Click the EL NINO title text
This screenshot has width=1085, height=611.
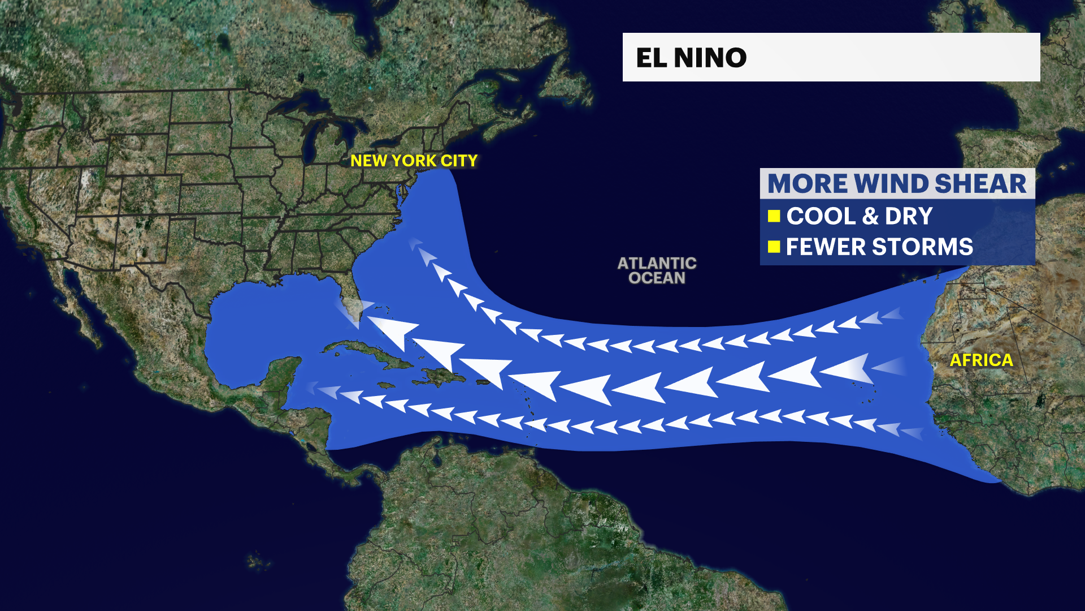click(691, 58)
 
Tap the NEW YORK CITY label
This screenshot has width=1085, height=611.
click(414, 161)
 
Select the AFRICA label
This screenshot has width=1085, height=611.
click(981, 360)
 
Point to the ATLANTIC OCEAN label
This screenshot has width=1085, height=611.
click(657, 270)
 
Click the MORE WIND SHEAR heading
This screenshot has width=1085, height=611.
click(896, 184)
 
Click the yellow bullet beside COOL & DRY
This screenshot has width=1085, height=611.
click(774, 216)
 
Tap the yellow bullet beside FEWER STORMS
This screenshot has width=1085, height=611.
click(774, 247)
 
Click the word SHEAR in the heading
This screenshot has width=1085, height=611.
click(980, 184)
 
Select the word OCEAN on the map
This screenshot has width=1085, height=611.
click(657, 278)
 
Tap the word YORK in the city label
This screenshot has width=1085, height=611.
click(414, 161)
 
